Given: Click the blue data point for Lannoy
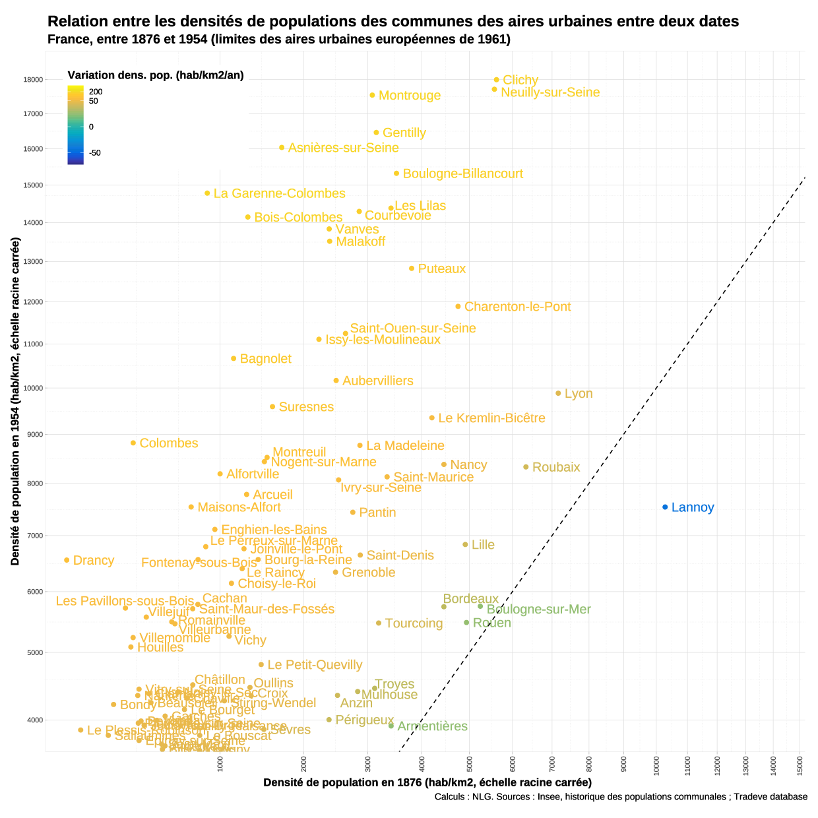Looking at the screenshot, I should (x=665, y=507).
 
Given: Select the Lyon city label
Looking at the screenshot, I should (x=579, y=394).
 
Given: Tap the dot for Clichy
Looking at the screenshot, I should (x=497, y=80).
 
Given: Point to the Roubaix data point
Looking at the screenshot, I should (x=526, y=467).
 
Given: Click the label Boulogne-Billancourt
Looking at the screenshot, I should (x=462, y=173).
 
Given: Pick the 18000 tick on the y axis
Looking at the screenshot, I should (x=33, y=80).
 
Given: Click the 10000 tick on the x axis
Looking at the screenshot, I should (x=656, y=765).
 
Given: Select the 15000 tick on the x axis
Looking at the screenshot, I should (x=800, y=765).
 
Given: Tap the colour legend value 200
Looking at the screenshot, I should (x=96, y=92).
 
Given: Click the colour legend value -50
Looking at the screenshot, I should (x=95, y=153).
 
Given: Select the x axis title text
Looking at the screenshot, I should (x=427, y=782).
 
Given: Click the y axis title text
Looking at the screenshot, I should (x=15, y=401).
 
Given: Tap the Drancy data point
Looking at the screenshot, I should (x=67, y=560).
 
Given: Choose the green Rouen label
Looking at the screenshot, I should (x=491, y=623).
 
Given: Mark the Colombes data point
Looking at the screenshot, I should (x=133, y=443).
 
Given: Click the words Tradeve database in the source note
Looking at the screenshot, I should (x=771, y=797).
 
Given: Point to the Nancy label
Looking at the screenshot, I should (x=468, y=465).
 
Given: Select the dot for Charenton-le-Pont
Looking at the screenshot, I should (x=458, y=307).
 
